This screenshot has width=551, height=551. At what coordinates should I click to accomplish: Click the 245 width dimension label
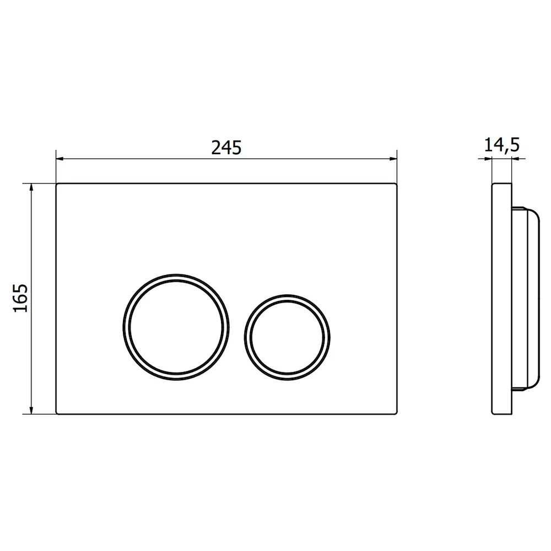[x=226, y=148]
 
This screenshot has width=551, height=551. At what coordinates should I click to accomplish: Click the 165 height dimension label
[x=20, y=298]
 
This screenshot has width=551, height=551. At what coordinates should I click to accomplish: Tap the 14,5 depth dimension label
[x=502, y=145]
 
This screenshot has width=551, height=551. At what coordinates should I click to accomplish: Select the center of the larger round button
[x=176, y=327]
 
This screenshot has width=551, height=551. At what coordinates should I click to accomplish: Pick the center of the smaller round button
[x=287, y=338]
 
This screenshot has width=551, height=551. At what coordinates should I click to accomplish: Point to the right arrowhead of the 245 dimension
[x=393, y=159]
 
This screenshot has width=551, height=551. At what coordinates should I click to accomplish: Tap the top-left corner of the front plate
[x=57, y=184]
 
